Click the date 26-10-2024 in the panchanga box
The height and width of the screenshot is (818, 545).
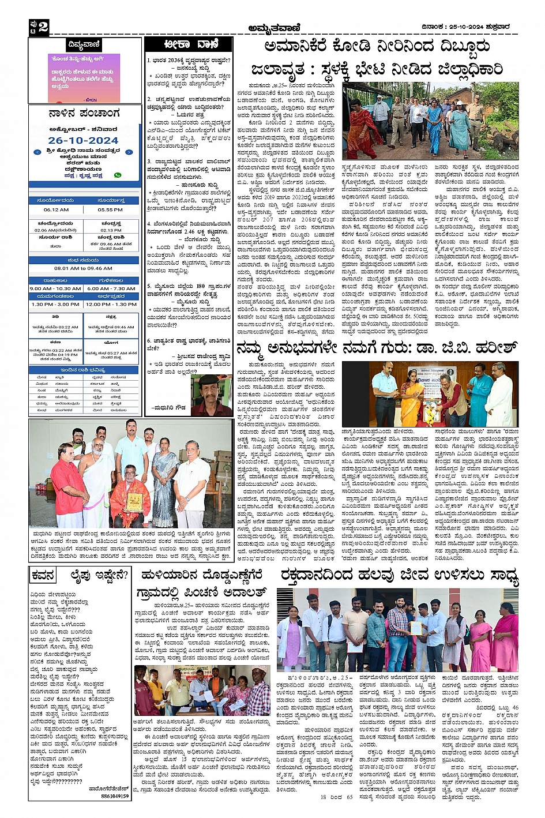pyautogui.click(x=83, y=140)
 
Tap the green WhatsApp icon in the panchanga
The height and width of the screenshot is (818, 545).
pyautogui.click(x=118, y=175)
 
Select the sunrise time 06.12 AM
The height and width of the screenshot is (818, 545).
pyautogui.click(x=56, y=209)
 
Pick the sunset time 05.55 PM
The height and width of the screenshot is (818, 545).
pyautogui.click(x=110, y=209)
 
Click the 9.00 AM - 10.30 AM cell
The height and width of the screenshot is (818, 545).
pyautogui.click(x=55, y=288)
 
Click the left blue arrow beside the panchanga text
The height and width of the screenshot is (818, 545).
pyautogui.click(x=37, y=152)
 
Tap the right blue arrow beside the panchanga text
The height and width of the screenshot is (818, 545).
pyautogui.click(x=129, y=152)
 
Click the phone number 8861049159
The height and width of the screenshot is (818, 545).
pyautogui.click(x=115, y=796)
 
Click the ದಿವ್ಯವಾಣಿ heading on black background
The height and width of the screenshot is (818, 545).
pyautogui.click(x=84, y=44)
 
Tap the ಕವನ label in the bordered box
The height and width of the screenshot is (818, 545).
pyautogui.click(x=43, y=576)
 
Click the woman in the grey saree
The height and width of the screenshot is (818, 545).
pyautogui.click(x=164, y=476)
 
